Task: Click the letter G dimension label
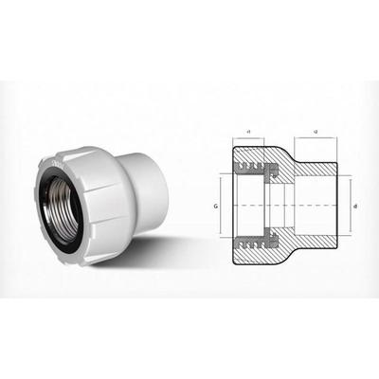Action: [217, 205]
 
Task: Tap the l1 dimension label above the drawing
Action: [247, 129]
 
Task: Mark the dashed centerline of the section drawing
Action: [284, 205]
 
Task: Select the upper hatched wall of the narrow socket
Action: [313, 163]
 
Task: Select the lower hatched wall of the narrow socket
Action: [313, 247]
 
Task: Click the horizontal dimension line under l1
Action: [247, 137]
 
